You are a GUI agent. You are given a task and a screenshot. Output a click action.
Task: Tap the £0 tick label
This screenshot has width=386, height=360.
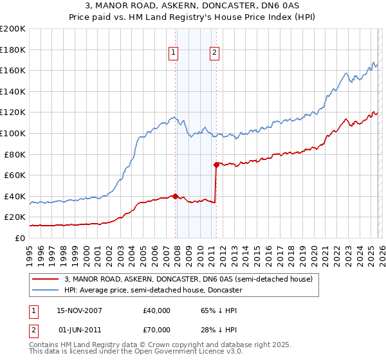[20, 238]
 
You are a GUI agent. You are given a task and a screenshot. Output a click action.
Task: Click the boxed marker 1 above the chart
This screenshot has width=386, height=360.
[174, 53]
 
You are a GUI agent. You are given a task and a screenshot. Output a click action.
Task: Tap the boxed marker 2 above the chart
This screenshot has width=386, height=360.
[214, 53]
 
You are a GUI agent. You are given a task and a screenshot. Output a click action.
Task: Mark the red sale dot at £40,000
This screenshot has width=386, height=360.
[176, 196]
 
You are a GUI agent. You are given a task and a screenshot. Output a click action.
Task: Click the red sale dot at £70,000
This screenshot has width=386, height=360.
[216, 165]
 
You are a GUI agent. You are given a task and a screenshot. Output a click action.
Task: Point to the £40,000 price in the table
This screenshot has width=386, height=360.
[157, 310]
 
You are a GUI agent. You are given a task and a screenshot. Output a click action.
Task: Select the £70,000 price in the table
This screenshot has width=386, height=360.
[157, 329]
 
